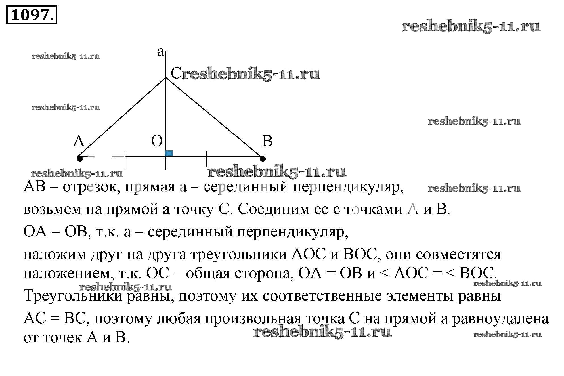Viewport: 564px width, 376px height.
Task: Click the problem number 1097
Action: pyautogui.click(x=31, y=15)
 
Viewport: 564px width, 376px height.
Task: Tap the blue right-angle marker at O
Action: pyautogui.click(x=169, y=153)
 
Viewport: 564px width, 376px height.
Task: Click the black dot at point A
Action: pyautogui.click(x=80, y=159)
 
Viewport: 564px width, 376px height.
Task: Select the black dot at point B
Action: pyautogui.click(x=263, y=159)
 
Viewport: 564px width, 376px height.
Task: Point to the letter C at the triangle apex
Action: pyautogui.click(x=176, y=73)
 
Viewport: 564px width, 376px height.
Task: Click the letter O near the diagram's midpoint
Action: pyautogui.click(x=157, y=141)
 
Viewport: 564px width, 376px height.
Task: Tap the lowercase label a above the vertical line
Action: pyautogui.click(x=161, y=52)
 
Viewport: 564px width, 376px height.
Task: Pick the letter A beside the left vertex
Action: pyautogui.click(x=79, y=141)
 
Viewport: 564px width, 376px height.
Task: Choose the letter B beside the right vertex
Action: pyautogui.click(x=267, y=141)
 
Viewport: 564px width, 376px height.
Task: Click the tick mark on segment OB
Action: pyautogui.click(x=206, y=159)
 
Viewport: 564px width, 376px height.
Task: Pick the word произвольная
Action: pyautogui.click(x=253, y=319)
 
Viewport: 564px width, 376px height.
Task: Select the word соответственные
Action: pyautogui.click(x=322, y=296)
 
